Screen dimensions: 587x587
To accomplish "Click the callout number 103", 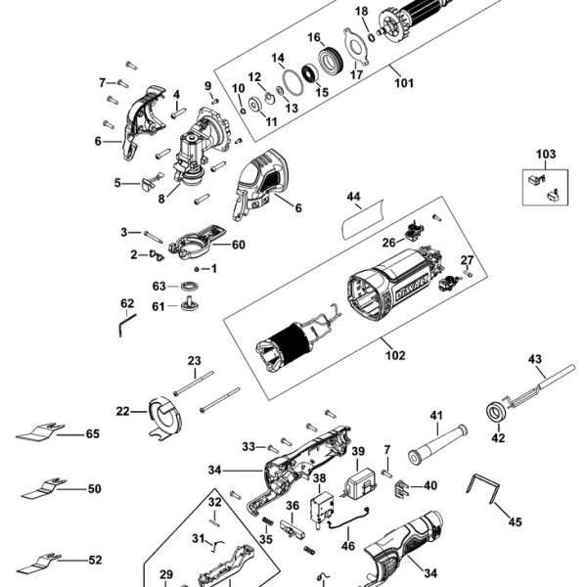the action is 546,154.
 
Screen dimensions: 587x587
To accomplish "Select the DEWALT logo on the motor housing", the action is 412,287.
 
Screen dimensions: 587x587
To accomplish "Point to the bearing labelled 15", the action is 310,73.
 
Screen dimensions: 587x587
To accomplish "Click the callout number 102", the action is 395,354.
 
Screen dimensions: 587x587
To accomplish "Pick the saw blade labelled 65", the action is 40,431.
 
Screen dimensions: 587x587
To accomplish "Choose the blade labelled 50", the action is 44,487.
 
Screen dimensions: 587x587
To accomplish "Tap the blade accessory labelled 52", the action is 39,563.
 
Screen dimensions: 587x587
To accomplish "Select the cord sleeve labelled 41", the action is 437,444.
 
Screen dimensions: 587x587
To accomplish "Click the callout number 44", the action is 353,197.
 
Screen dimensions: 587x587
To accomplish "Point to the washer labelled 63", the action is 190,287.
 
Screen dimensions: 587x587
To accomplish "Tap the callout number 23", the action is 195,360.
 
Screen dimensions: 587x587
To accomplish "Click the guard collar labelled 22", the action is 164,420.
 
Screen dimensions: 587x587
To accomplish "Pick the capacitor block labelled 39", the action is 359,484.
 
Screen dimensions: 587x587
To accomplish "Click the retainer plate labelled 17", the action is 356,47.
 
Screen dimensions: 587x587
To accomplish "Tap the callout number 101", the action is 404,83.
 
